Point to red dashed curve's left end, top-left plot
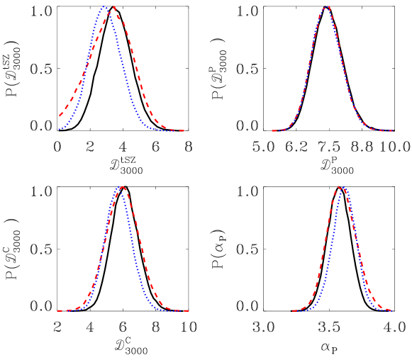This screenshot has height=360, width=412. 60,115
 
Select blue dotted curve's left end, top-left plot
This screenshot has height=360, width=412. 59,130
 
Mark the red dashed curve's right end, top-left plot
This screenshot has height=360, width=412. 186,130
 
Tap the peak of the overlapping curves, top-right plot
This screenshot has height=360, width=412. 327,7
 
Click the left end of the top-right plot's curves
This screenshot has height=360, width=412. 272,130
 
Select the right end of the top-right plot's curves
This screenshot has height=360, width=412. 392,130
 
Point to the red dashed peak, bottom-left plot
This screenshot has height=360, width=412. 123,187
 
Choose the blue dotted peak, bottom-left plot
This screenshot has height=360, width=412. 119,188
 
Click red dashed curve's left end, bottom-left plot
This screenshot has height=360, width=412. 58,310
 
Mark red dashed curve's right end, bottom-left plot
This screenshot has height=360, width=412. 187,310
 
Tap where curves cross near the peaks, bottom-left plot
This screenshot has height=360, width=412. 121,189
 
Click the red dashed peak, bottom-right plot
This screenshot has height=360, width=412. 340,187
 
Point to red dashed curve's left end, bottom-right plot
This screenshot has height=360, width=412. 292,310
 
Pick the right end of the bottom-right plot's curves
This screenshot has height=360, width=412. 391,310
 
